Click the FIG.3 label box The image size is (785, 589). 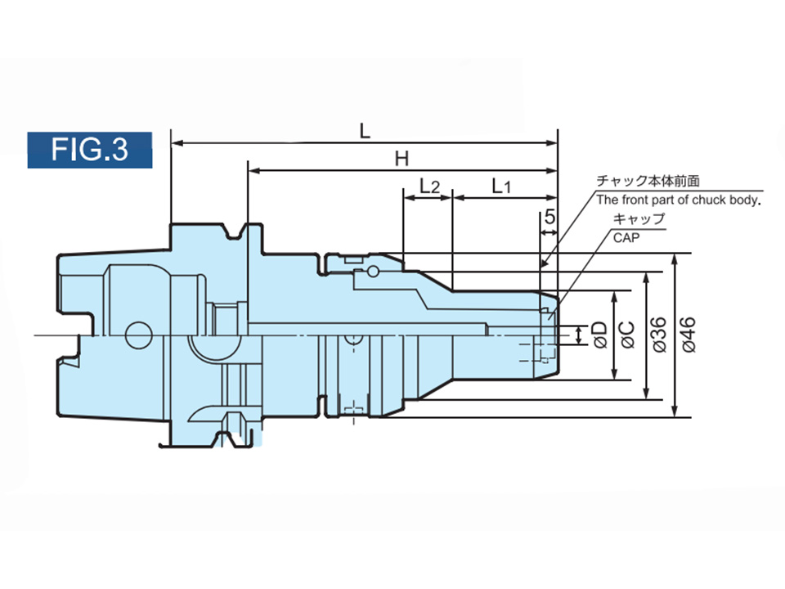90,150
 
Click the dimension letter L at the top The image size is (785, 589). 365,129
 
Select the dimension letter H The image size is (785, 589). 401,159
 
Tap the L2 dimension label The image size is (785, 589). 428,187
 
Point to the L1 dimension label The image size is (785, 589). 501,187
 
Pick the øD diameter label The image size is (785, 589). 599,334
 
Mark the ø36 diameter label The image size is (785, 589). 658,334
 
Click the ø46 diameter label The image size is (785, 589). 688,334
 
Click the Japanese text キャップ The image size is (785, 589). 638,219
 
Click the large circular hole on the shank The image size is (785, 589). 138,335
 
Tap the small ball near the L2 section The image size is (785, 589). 373,271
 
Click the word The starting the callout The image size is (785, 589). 607,200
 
